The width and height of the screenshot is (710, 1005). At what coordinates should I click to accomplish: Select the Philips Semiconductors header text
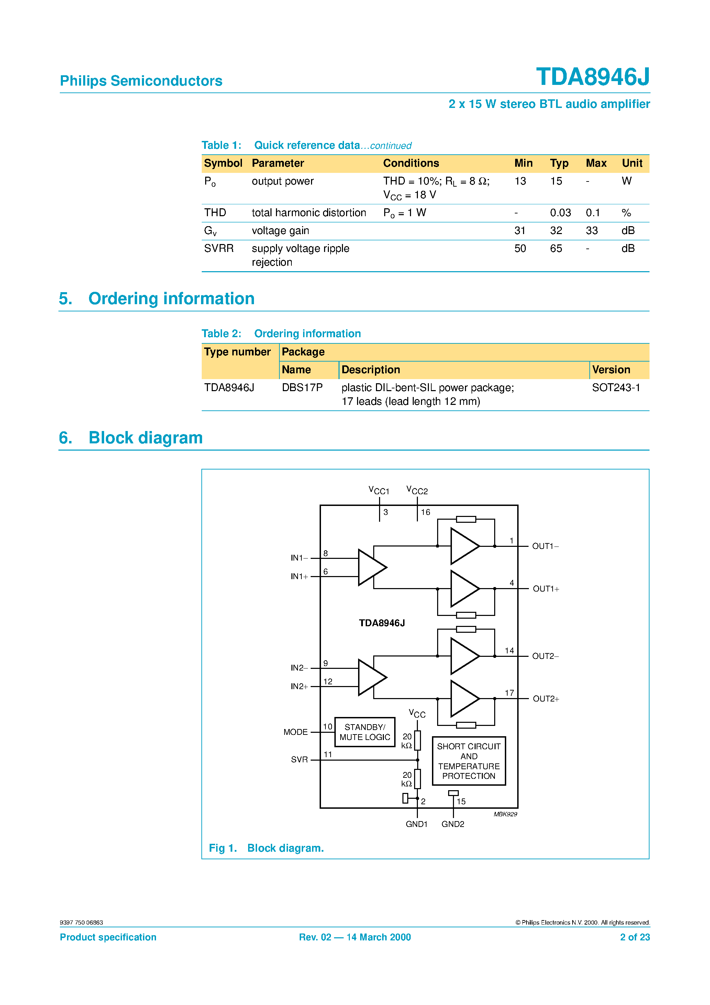(x=141, y=81)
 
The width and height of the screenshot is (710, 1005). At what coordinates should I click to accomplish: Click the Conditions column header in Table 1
(x=411, y=163)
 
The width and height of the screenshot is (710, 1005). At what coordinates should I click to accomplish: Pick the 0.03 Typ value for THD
(x=560, y=213)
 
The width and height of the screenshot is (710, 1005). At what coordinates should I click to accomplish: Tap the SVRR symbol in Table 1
(x=219, y=249)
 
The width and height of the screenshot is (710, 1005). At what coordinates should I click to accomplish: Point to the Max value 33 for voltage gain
(x=591, y=231)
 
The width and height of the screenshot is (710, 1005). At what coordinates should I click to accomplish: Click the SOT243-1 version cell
(x=615, y=387)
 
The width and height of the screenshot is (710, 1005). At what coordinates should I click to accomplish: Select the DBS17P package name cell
(x=302, y=387)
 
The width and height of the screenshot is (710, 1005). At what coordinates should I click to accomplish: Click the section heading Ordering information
(x=171, y=299)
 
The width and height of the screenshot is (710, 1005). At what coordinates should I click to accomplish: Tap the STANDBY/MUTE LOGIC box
(x=364, y=732)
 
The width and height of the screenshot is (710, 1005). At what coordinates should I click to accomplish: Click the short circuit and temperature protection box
(x=468, y=761)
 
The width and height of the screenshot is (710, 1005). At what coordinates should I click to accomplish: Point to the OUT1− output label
(x=545, y=546)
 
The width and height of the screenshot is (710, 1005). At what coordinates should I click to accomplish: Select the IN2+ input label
(x=299, y=686)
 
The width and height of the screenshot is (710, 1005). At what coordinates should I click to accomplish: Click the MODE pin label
(x=296, y=732)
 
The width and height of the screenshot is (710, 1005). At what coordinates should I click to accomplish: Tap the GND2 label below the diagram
(x=453, y=824)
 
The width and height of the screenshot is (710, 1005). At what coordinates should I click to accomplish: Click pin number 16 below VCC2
(x=425, y=512)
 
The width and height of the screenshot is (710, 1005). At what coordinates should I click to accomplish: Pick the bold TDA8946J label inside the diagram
(x=382, y=623)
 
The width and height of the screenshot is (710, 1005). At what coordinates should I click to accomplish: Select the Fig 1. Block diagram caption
(x=266, y=848)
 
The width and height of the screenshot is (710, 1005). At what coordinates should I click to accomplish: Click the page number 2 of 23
(x=634, y=937)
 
